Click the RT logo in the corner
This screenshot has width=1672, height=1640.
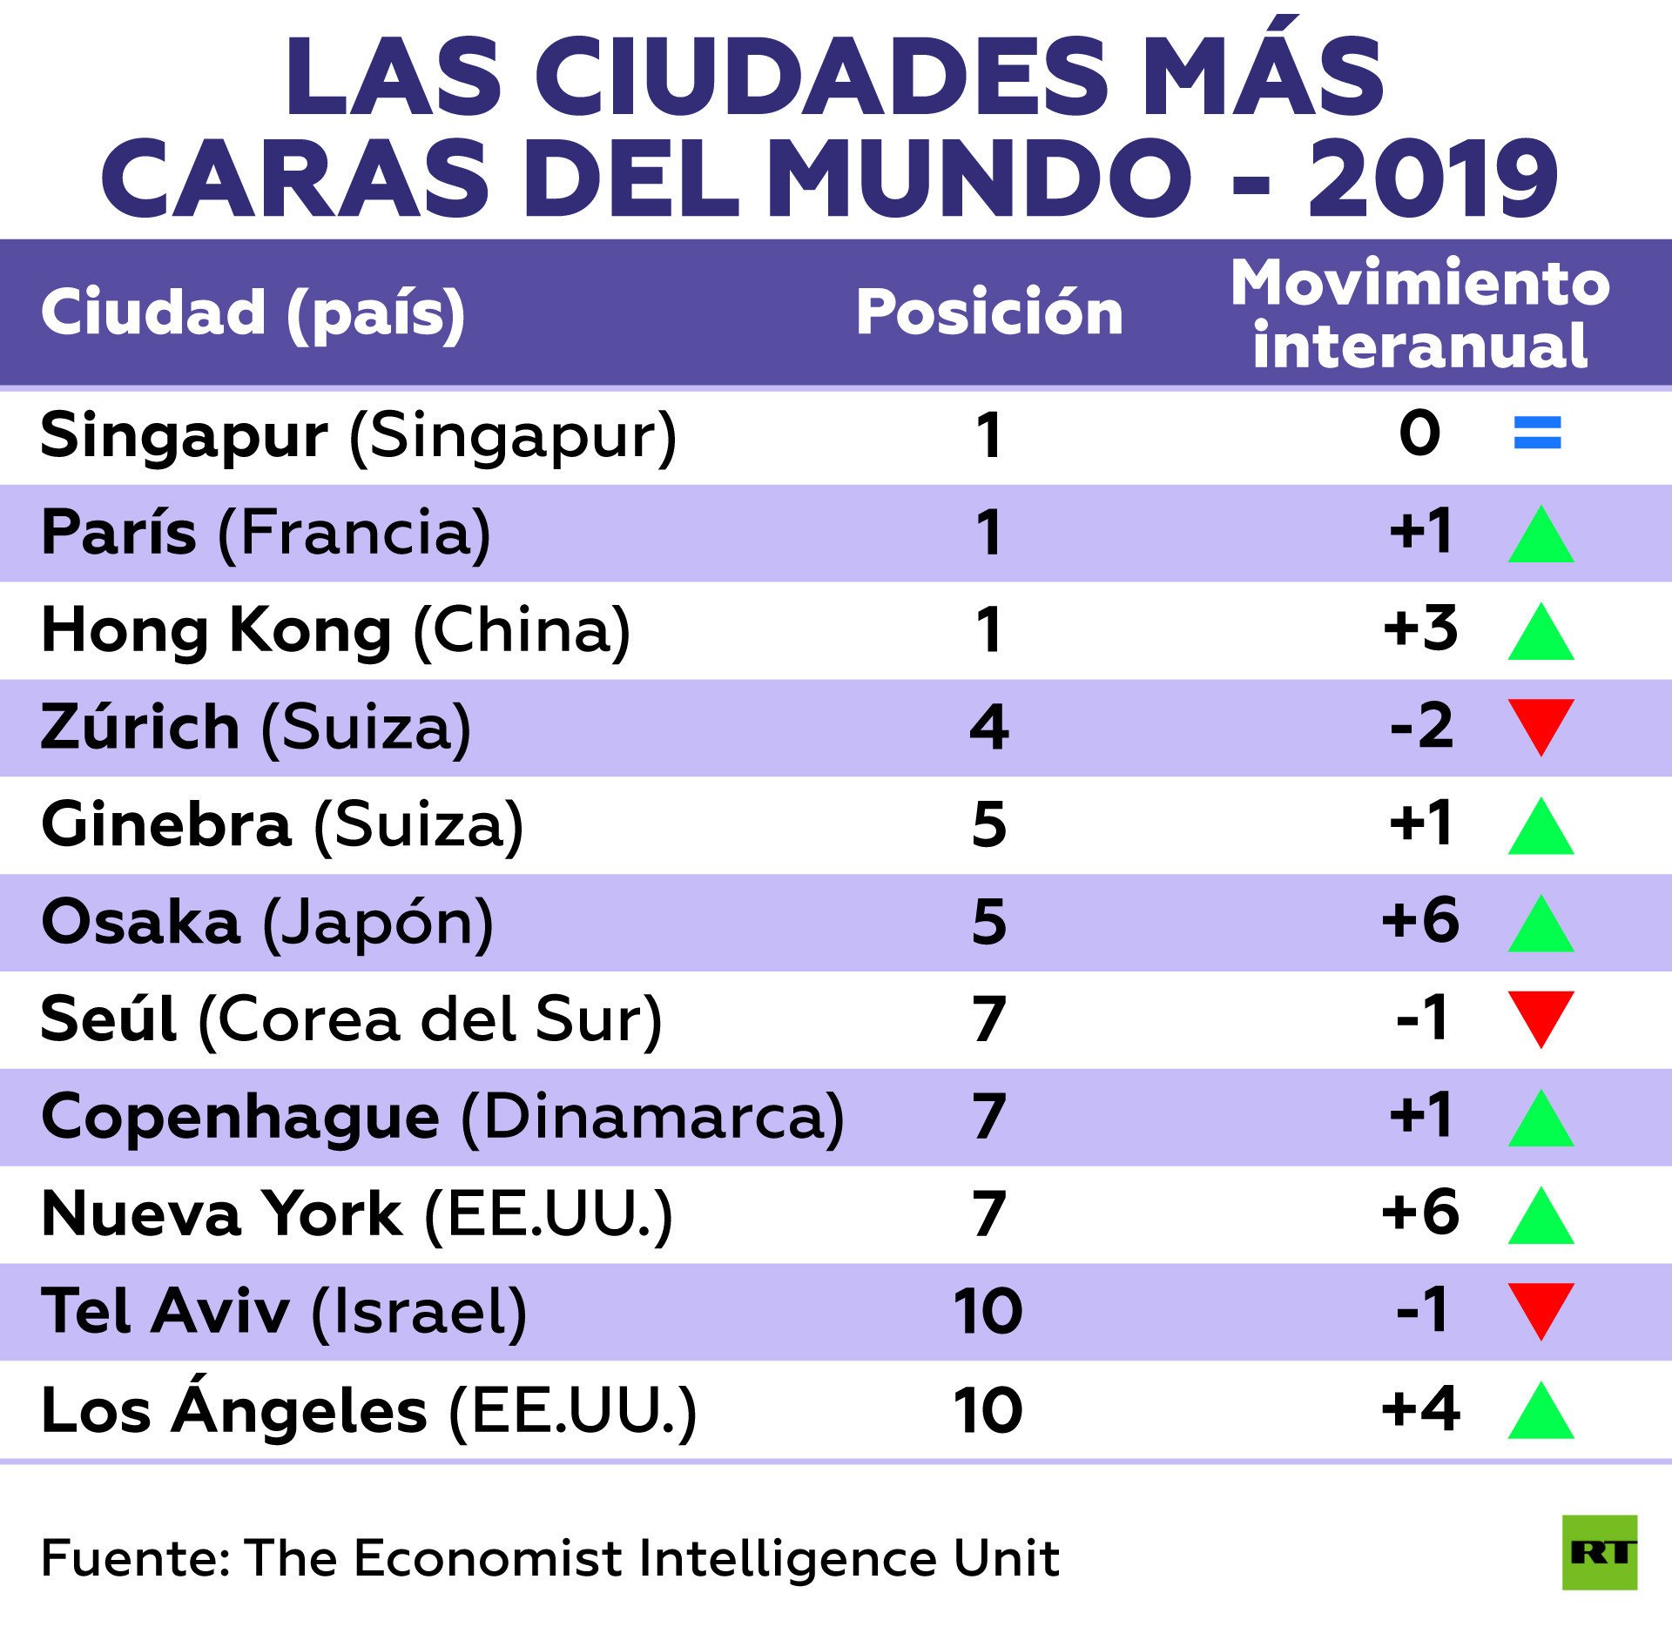tap(1599, 1552)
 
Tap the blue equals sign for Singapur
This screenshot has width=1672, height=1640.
tap(1537, 433)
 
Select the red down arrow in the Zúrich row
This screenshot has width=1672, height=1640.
tap(1541, 725)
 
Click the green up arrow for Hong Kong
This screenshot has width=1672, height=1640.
tap(1541, 632)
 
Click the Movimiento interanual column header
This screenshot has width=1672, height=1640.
tap(1420, 313)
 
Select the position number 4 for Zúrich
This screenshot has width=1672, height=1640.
tap(989, 727)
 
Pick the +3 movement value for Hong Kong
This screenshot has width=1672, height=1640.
tap(1420, 628)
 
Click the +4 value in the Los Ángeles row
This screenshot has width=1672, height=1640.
tap(1420, 1408)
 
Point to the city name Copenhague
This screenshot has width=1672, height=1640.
tap(240, 1117)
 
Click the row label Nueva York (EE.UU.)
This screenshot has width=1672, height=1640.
tap(357, 1213)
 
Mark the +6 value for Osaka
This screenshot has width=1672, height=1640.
tap(1420, 920)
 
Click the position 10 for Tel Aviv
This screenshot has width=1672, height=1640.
tap(988, 1311)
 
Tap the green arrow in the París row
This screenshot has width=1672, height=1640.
tap(1541, 534)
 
